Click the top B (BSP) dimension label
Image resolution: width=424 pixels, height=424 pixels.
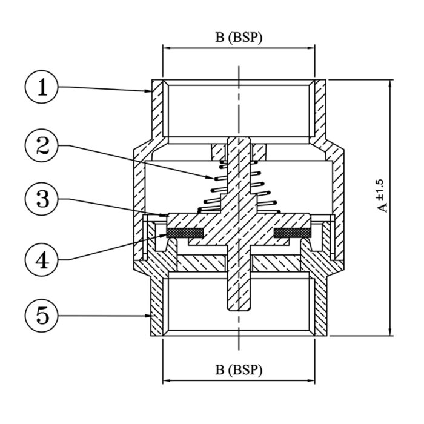[239, 38]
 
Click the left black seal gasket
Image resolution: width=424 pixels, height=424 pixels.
[185, 233]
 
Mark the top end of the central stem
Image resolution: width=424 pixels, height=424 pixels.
[239, 137]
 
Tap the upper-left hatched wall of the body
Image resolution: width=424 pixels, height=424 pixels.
[157, 109]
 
